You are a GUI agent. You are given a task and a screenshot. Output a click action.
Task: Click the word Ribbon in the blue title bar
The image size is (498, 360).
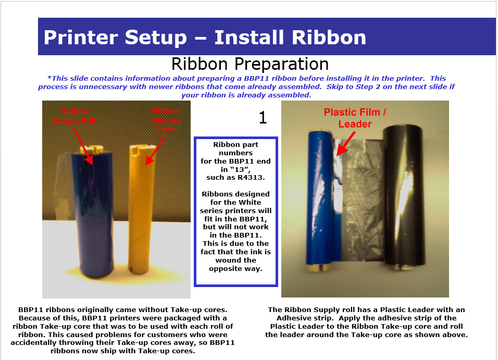329,38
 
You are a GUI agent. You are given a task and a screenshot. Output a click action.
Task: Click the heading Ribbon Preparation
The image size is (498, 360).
250,64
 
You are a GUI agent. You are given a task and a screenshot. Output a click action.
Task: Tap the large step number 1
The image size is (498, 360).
263,118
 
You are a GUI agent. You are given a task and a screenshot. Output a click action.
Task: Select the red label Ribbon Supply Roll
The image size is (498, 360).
74,116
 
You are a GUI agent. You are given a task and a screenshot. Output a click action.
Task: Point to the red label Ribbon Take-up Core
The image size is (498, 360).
166,120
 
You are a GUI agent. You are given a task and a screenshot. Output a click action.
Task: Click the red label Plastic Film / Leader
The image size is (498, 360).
355,118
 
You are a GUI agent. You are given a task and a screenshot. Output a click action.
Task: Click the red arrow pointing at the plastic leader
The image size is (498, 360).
346,144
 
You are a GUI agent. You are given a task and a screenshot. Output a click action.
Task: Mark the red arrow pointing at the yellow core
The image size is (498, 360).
156,151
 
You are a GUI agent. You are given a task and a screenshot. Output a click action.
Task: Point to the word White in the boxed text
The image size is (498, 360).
251,202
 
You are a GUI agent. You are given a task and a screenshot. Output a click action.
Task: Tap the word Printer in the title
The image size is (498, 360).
81,38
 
